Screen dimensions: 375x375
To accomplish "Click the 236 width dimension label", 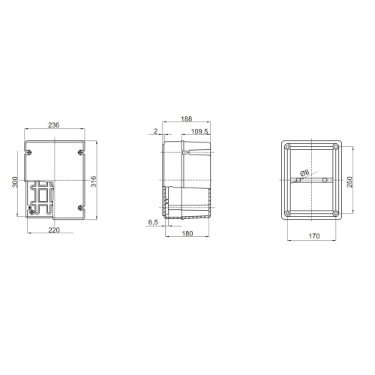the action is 54,125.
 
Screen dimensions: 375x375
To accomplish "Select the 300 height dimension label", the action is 15,182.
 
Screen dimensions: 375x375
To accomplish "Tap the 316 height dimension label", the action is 93,181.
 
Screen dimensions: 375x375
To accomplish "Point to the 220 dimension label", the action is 54,229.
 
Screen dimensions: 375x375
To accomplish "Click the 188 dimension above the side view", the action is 187,118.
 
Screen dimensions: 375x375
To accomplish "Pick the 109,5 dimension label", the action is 199,131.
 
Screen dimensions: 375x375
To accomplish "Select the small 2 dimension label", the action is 156,131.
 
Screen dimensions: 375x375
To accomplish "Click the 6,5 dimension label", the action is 153,222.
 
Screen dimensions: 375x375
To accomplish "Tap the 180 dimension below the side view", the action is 187,233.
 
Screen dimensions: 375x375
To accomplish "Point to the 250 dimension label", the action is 349,181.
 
